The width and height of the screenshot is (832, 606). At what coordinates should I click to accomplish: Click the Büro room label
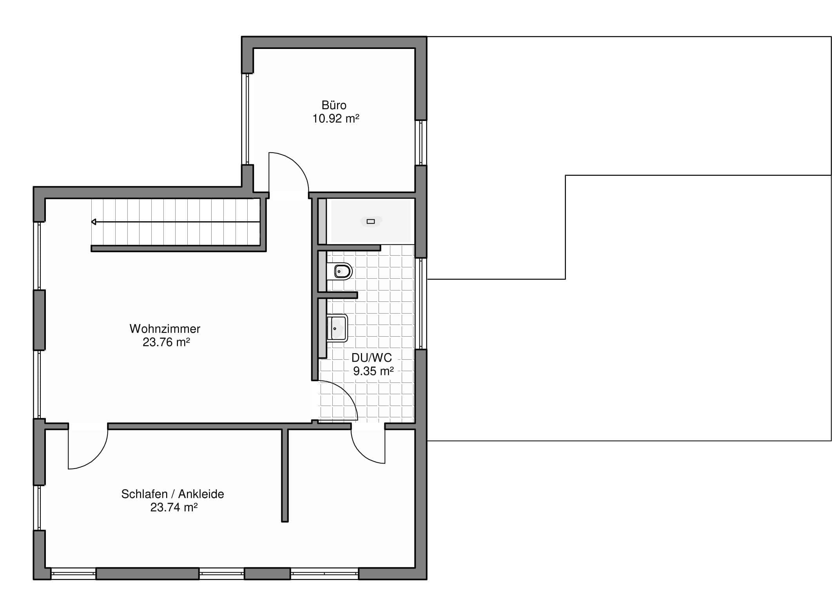coord(334,105)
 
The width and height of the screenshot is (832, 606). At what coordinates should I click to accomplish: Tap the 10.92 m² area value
coord(336,119)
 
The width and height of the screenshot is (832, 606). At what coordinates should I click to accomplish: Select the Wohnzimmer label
coord(165,328)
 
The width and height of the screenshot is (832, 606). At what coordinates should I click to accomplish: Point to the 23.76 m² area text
coord(166,342)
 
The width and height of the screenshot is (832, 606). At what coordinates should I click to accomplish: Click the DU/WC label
coord(372,357)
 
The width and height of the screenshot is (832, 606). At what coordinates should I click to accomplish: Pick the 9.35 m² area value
coord(373,371)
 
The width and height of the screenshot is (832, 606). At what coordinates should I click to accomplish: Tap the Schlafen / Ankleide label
coord(172,494)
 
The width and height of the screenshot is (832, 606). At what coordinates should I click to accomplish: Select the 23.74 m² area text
coord(174,507)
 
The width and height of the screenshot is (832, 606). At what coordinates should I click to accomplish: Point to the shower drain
coord(371,221)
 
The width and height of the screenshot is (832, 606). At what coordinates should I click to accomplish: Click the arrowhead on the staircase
coord(94,222)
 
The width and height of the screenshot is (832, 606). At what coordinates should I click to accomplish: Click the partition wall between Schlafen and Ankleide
coord(285,475)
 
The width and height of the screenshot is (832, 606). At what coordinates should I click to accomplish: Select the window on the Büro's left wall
coord(247,119)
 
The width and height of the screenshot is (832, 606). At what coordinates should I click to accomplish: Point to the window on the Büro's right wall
coord(421,142)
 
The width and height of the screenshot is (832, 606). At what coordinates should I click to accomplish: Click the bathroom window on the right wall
coord(421,303)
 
